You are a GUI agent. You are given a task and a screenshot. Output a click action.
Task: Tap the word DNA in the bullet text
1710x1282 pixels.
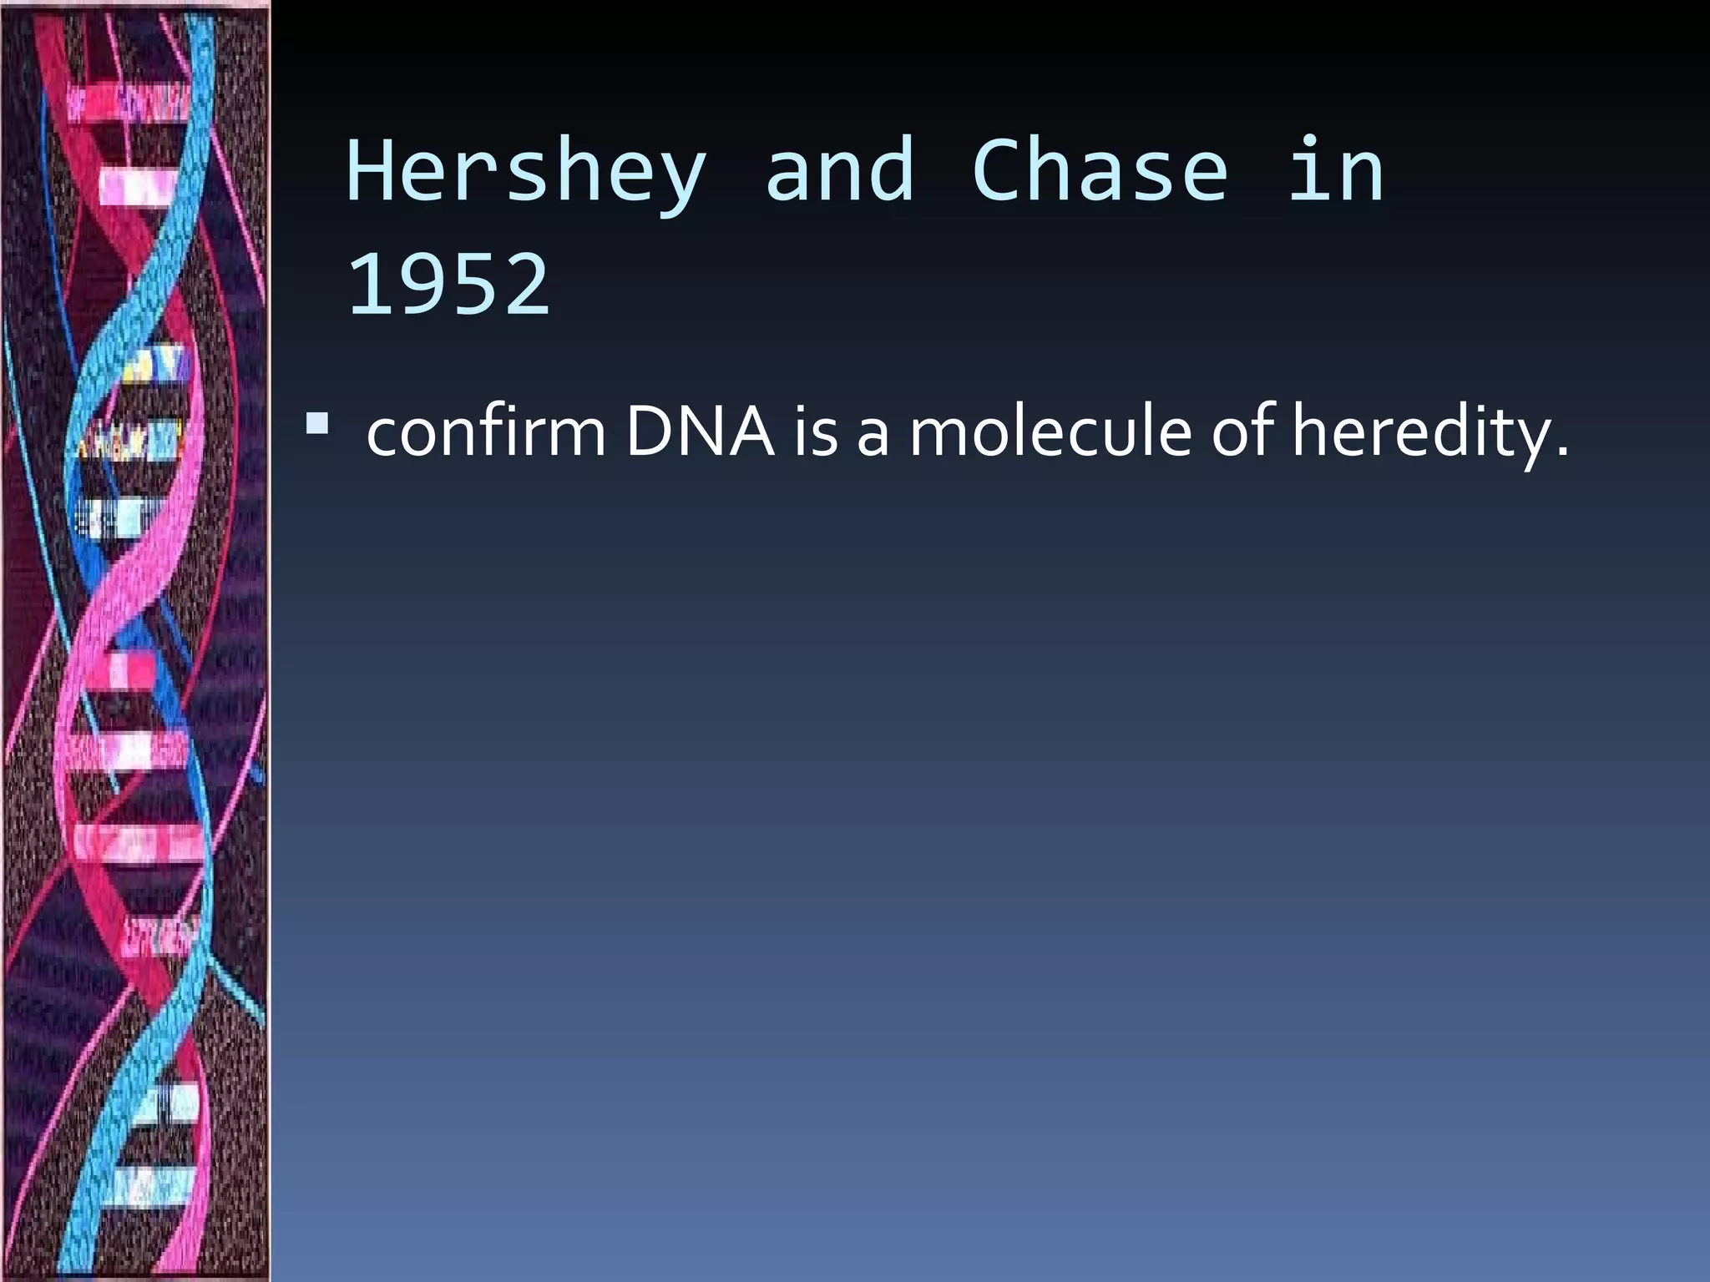click(700, 432)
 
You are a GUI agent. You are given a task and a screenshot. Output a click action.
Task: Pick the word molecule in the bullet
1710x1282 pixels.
click(1050, 432)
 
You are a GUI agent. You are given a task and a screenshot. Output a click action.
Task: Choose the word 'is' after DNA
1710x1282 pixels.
click(815, 432)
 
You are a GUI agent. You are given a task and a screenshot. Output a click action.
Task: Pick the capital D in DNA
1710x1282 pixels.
click(650, 432)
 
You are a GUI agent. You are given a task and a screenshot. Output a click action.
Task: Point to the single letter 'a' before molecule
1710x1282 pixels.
click(873, 437)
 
